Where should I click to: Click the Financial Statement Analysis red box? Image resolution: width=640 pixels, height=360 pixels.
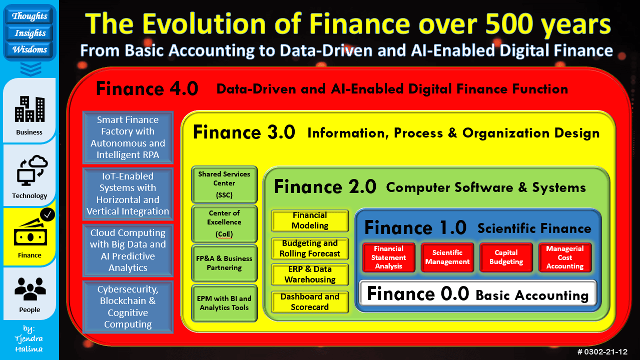tap(388, 257)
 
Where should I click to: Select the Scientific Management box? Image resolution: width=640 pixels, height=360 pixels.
tap(447, 257)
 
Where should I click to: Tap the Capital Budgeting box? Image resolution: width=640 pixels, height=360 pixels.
tap(506, 257)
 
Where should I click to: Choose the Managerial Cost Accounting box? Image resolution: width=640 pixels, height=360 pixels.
tap(565, 257)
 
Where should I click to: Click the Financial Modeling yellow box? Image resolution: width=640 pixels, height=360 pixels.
tap(310, 220)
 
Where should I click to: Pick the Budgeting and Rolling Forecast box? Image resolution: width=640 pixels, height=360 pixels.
tap(310, 248)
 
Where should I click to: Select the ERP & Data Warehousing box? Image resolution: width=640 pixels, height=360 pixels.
tap(310, 274)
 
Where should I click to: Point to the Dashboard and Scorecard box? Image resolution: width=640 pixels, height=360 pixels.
tap(310, 302)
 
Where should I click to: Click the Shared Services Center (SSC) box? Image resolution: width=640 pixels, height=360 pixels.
tap(224, 183)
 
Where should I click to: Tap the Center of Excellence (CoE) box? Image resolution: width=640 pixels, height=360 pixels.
tap(224, 223)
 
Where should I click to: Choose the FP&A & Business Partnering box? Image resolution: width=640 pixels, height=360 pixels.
tap(224, 263)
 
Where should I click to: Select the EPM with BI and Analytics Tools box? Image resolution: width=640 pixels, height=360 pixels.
tap(224, 303)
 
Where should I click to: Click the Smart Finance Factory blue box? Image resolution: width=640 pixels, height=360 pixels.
tap(128, 137)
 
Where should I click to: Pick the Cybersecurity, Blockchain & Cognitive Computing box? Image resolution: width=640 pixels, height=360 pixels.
tap(128, 307)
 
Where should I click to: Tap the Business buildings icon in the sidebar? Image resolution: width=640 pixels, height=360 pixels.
tap(30, 109)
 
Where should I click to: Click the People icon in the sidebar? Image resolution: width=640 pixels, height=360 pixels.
tap(30, 288)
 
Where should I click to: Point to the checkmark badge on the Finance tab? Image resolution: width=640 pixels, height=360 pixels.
tap(48, 215)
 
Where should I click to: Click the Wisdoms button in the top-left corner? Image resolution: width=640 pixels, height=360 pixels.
tap(30, 49)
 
